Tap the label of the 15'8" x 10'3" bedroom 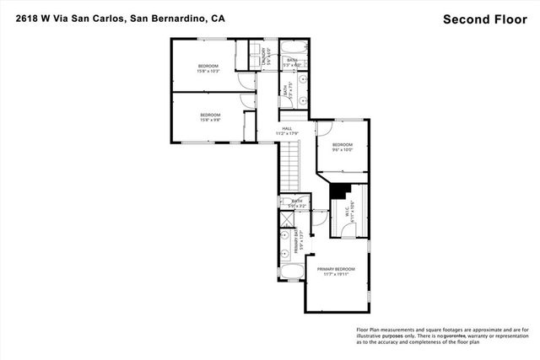coord(208,68)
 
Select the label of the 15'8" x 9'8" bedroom coord(209,117)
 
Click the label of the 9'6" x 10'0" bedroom coord(341,148)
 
